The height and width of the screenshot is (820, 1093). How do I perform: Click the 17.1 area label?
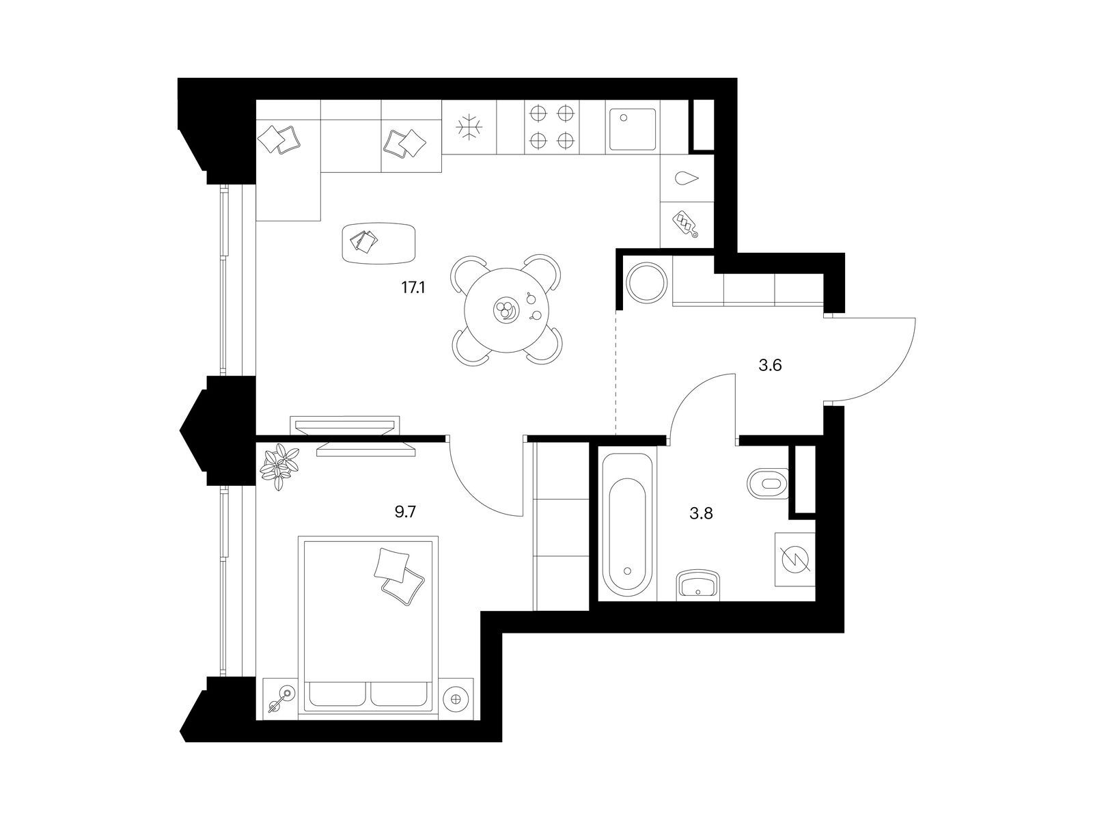coord(413,288)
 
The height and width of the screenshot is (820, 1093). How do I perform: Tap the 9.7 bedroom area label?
coord(405,512)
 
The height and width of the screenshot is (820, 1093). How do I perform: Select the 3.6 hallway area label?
coord(770,366)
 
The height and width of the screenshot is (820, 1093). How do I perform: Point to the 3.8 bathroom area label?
coord(701,513)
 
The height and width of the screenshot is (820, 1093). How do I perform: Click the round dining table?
coord(507,310)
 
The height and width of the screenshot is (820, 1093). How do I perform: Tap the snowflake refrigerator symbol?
coord(469,127)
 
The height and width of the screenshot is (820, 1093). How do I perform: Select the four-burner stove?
coord(551,127)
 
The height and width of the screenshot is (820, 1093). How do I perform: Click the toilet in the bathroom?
coord(768,483)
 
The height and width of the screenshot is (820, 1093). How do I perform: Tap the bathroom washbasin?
coord(698,586)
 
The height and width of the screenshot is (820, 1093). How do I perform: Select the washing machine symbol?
coord(795,560)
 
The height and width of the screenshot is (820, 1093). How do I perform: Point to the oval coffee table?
coord(379,243)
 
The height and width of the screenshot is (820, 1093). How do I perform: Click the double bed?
coord(368,628)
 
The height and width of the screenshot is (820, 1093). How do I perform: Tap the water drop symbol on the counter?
coord(687,178)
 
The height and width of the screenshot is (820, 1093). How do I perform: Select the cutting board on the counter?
coord(685,225)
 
